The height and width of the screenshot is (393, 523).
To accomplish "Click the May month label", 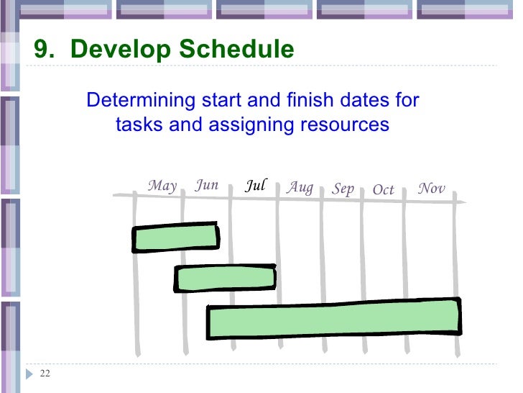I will [162, 186].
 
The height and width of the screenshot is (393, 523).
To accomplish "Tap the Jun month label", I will [207, 185].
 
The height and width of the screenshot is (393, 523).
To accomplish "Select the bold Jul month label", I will [256, 186].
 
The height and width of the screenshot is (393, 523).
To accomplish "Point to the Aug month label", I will [300, 188].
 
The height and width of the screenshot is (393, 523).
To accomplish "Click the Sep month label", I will [343, 189].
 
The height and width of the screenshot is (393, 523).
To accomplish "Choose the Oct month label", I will [384, 190].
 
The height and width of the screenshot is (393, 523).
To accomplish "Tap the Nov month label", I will [432, 189].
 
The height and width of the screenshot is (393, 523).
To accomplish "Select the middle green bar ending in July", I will [226, 278].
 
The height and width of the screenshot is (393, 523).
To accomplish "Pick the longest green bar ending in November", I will [334, 320].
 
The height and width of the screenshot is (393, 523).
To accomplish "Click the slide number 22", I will [45, 373].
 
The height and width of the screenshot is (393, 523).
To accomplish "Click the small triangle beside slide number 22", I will [29, 373].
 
